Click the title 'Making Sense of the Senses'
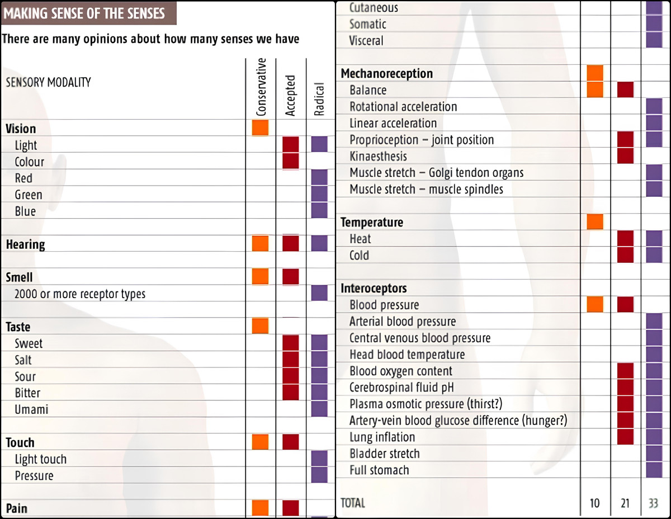tap(85, 13)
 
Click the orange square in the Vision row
tap(260, 128)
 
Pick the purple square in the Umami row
tap(319, 409)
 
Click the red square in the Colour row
tap(290, 161)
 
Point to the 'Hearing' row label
tap(26, 244)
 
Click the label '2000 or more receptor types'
tap(80, 294)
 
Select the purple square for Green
tap(319, 194)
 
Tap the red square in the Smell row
tap(290, 276)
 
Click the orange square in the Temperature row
tap(595, 221)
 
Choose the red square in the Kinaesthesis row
tap(625, 155)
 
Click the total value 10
tap(594, 503)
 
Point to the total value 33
tap(653, 503)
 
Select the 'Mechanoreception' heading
tap(387, 73)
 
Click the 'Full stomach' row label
tap(379, 470)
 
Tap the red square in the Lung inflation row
tap(625, 436)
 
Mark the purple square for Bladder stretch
tap(653, 453)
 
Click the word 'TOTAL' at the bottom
tap(353, 503)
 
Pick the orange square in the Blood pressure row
tap(595, 304)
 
